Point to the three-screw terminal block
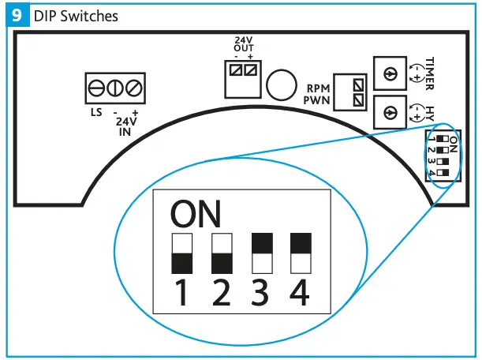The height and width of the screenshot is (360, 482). (x=115, y=87)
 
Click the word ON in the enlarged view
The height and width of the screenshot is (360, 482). (x=196, y=214)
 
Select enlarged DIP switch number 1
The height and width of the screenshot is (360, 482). (x=183, y=253)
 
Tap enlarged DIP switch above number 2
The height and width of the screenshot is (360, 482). (x=222, y=253)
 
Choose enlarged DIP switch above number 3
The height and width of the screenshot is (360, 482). (x=262, y=253)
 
